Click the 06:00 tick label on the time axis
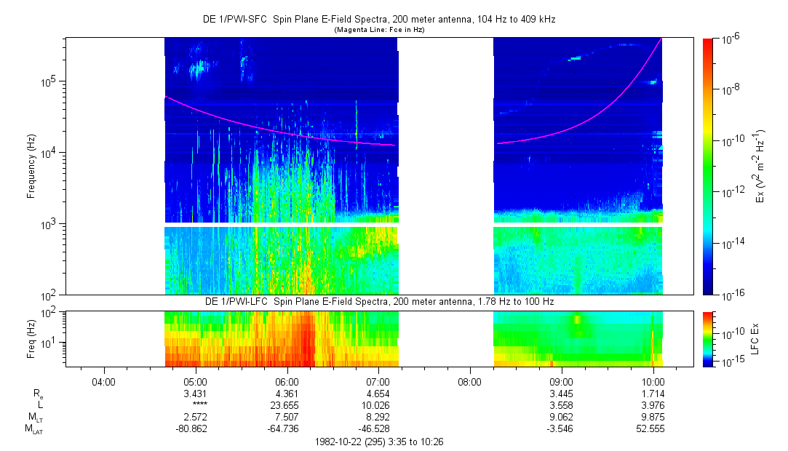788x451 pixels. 287,381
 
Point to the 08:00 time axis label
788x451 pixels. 469,381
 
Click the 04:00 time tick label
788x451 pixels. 104,381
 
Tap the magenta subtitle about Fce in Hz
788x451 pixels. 379,30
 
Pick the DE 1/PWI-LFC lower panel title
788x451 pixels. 379,301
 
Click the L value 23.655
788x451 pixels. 287,405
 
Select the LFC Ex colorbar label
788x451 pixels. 758,339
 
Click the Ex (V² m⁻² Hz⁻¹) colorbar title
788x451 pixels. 759,167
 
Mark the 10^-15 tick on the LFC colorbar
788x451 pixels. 730,361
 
